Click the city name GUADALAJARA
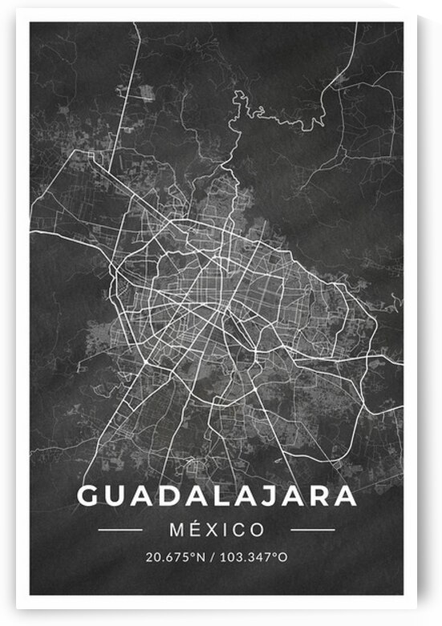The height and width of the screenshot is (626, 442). pos(217,495)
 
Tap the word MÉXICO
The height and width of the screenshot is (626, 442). pos(217,530)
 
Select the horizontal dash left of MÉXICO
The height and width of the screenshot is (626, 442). pos(120,530)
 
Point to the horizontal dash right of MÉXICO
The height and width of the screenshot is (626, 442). pos(313,530)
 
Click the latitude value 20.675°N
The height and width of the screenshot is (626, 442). pos(173,556)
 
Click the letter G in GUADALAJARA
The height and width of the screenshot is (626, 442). pos(88,495)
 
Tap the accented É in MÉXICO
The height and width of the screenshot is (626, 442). pos(194,529)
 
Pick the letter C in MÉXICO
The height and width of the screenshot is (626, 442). pos(240,530)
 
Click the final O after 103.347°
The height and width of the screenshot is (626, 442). pos(282,556)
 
